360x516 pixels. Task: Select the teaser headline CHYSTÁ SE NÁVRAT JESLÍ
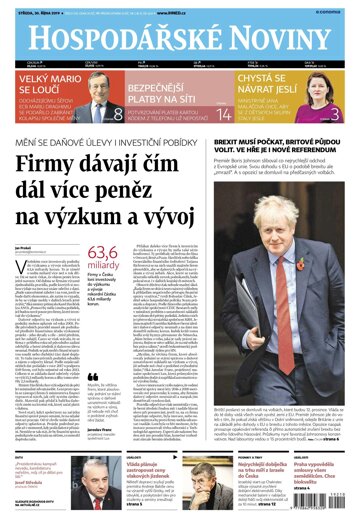pyautogui.click(x=270, y=96)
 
